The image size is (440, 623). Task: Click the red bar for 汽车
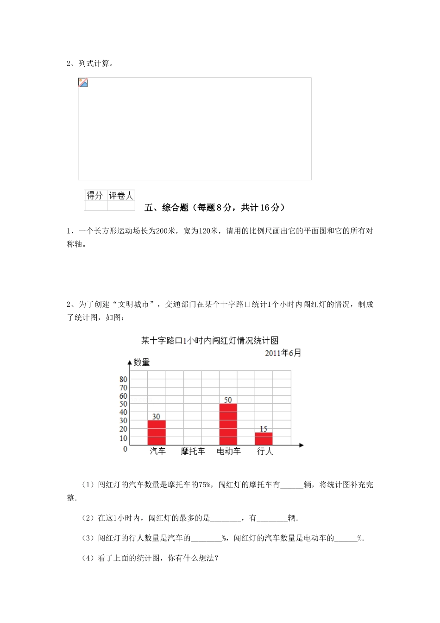tap(157, 432)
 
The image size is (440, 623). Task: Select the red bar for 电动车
tap(228, 424)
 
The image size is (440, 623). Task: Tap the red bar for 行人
tap(264, 439)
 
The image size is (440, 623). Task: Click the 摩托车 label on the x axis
tap(193, 451)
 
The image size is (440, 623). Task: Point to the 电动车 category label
tap(228, 451)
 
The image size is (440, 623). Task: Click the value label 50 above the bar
tap(228, 400)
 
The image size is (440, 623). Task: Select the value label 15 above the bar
tap(264, 429)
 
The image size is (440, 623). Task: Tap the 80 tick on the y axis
tap(123, 379)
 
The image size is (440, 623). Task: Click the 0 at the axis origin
tap(125, 449)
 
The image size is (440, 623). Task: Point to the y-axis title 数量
tap(142, 362)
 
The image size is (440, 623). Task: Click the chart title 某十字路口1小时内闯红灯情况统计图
tap(210, 341)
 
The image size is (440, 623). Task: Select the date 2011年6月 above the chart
tap(283, 353)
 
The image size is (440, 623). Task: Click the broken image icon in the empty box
tap(83, 83)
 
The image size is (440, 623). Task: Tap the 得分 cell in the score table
tap(95, 196)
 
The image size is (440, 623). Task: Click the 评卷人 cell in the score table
tap(121, 196)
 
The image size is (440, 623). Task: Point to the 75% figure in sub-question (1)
tap(204, 485)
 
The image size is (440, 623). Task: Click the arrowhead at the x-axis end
tap(301, 445)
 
